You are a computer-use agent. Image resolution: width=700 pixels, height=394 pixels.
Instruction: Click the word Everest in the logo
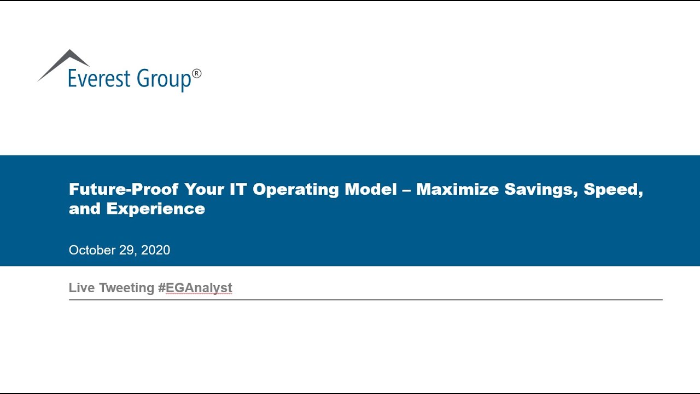click(99, 78)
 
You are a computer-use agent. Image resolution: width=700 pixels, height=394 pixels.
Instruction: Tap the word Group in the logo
click(164, 79)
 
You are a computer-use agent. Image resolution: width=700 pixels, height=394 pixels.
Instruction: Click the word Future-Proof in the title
click(124, 189)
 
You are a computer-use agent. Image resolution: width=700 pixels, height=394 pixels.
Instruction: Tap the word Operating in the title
click(296, 190)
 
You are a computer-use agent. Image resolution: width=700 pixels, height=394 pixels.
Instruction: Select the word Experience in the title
click(156, 209)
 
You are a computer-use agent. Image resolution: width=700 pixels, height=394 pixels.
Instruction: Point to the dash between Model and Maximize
click(406, 190)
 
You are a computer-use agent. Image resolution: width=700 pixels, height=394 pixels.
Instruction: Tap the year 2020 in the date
click(155, 250)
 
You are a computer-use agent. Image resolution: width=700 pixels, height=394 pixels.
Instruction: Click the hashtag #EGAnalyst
click(195, 288)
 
